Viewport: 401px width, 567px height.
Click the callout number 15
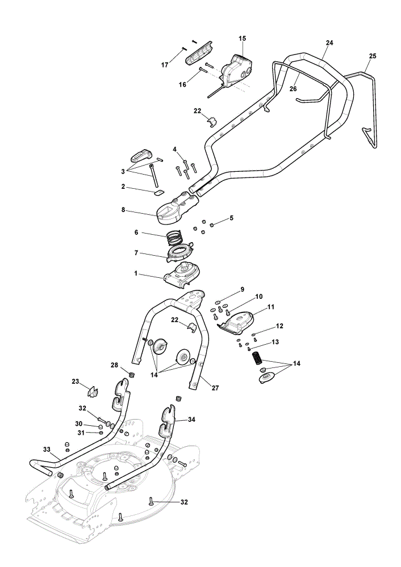(242, 38)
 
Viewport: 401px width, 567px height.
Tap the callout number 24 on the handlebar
(329, 43)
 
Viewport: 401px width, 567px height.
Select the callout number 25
(373, 56)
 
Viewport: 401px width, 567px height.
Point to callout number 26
(294, 88)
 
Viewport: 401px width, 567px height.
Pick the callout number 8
(123, 209)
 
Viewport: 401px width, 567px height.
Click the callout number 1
(136, 273)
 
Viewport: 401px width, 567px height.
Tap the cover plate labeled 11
(237, 321)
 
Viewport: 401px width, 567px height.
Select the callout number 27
(215, 388)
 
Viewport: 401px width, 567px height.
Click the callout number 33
(47, 450)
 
